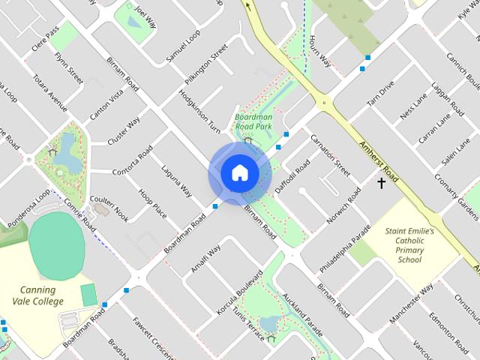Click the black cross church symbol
point(381,183)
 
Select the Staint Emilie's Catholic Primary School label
point(409,246)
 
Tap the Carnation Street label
point(330,154)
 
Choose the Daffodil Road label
point(292,177)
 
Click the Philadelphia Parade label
point(345,246)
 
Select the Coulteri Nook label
point(109,209)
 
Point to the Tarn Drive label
point(380,96)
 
